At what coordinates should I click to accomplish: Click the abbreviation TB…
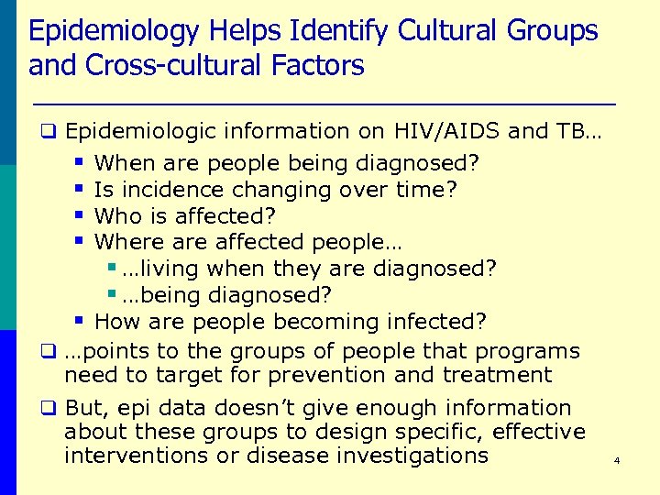[x=578, y=132]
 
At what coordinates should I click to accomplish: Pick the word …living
[x=160, y=269]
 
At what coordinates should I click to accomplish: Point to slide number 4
[x=617, y=460]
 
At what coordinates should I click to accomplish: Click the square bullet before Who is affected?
[x=79, y=215]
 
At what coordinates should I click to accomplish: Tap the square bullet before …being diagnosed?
[x=111, y=295]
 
